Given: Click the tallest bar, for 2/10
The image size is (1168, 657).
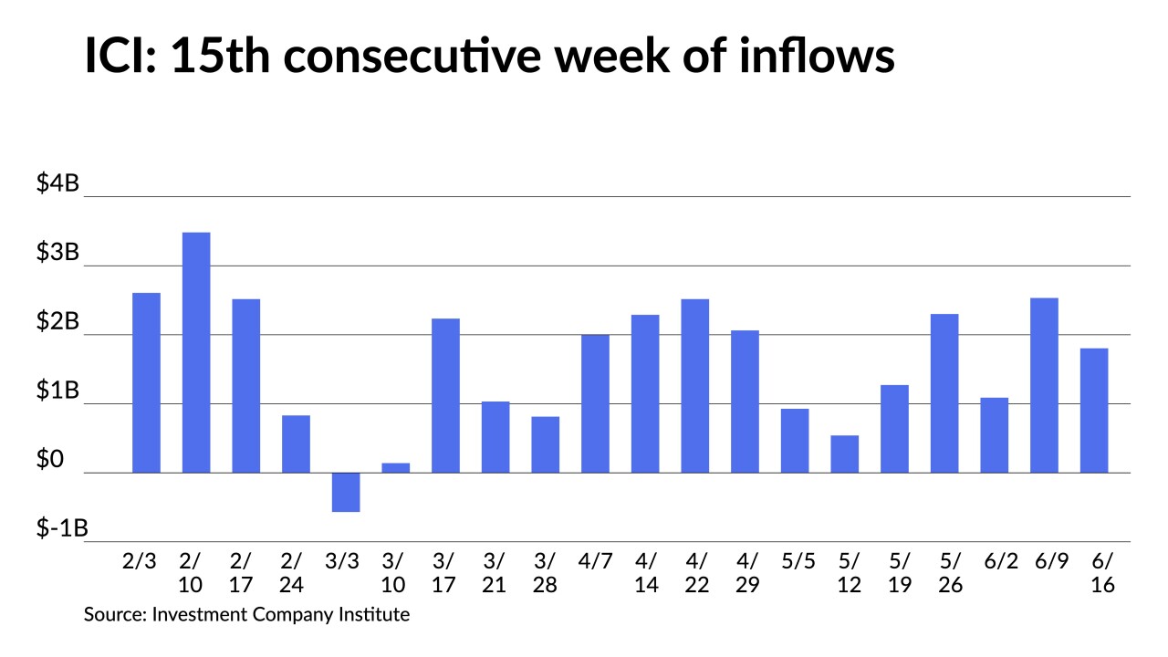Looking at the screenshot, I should (196, 352).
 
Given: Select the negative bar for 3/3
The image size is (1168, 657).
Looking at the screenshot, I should (346, 492).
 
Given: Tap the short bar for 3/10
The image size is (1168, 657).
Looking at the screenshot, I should (396, 467).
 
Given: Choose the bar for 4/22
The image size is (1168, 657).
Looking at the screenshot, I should (695, 386).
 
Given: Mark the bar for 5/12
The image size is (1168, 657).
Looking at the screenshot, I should (845, 454).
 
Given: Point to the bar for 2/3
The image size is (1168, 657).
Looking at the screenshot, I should (146, 382).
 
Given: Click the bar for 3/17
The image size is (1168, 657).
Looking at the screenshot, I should (445, 395).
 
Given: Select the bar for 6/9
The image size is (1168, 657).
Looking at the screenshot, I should (1044, 385).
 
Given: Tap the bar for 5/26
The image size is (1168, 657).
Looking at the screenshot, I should (944, 393).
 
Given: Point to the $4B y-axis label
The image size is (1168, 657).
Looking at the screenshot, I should (57, 184).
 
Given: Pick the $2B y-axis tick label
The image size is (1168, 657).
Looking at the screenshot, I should (57, 323).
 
